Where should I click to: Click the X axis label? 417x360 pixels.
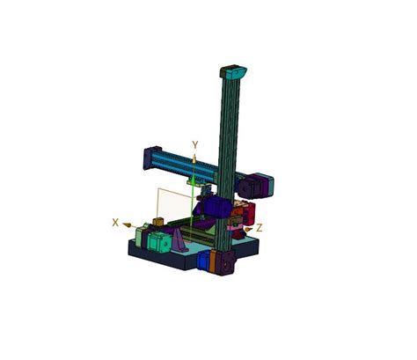coord(115,223)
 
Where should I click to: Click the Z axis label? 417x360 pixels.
coord(259,227)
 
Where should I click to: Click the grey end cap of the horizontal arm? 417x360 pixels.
coord(145,159)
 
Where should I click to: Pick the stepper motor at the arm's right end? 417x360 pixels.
coord(259,186)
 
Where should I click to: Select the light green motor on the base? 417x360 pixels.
coord(157,242)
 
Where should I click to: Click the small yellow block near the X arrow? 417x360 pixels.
coord(158,220)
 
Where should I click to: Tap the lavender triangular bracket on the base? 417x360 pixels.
coord(179,240)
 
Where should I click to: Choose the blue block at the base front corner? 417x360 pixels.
coord(205,261)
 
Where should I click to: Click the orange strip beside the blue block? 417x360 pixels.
coord(214,262)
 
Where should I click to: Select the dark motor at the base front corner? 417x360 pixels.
coord(225,263)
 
